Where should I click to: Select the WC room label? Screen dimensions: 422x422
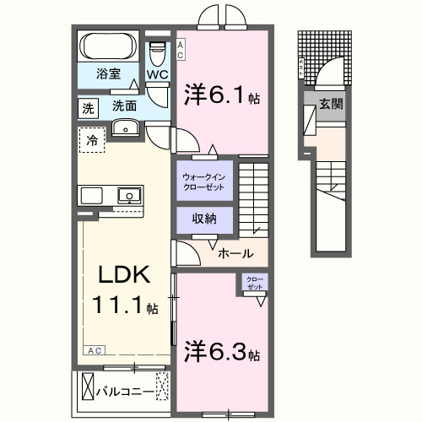coord(158,73)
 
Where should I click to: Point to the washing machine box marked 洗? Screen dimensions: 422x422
coord(88,107)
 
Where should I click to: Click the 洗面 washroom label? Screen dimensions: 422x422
coord(124,107)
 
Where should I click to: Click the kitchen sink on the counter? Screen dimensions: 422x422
coord(128,196)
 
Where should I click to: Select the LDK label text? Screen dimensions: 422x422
coord(124,277)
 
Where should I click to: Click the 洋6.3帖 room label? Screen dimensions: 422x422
coord(220,350)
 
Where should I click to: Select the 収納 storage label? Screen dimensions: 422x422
coord(204,219)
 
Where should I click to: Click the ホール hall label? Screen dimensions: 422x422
coord(234,252)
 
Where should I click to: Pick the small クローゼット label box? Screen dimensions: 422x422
coord(254,284)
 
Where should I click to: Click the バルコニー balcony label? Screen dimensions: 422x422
coord(124,391)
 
